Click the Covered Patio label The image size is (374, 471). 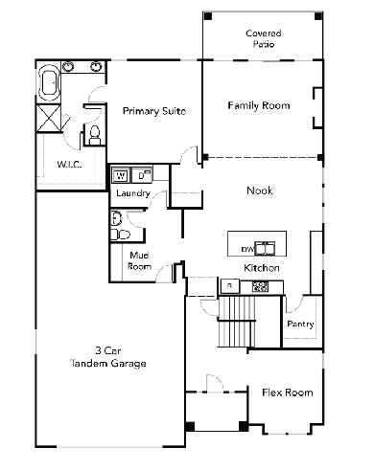tap(264, 38)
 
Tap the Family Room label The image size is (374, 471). tap(259, 105)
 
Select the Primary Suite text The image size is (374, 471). tap(154, 111)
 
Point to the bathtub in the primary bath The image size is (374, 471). tap(49, 83)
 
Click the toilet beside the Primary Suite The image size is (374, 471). tap(94, 135)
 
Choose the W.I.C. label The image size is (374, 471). tap(69, 165)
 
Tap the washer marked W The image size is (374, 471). tap(121, 175)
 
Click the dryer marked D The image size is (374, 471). tap(142, 175)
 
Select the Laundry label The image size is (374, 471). tap(133, 193)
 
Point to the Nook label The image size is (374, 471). tap(260, 191)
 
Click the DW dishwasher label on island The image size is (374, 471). tap(247, 249)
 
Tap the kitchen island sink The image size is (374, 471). tap(265, 249)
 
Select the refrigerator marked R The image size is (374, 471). tap(229, 286)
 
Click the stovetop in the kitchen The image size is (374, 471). tap(260, 286)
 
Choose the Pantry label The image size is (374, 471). tap(300, 324)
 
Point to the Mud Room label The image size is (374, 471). tap(139, 260)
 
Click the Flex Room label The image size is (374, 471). tap(288, 392)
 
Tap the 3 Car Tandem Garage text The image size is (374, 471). tap(108, 357)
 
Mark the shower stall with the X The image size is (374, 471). tap(49, 118)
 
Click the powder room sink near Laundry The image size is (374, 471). tap(116, 218)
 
